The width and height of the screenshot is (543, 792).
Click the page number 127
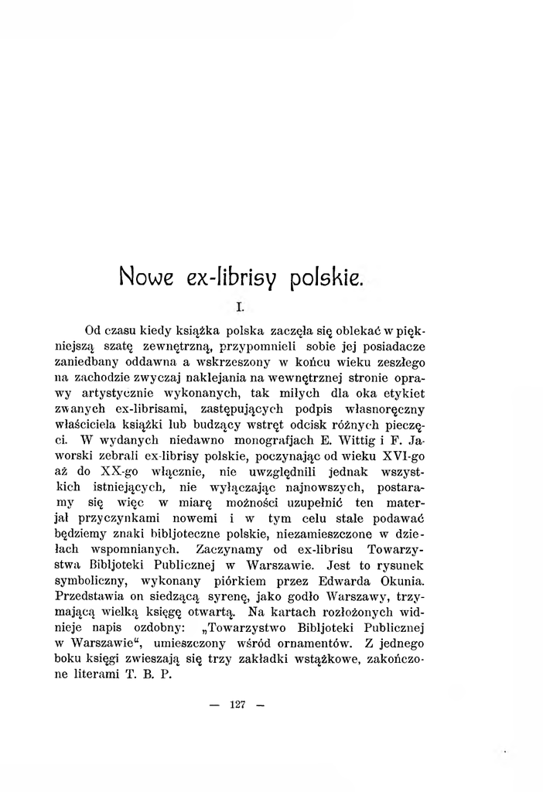tap(237, 704)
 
